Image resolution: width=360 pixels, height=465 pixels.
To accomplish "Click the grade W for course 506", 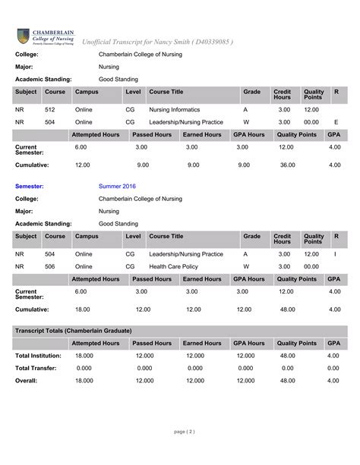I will (245, 266).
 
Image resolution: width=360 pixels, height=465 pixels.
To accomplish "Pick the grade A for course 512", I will (245, 109).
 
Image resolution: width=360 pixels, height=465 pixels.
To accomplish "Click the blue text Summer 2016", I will (115, 185).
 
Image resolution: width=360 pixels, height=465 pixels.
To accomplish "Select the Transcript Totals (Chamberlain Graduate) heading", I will (73, 331).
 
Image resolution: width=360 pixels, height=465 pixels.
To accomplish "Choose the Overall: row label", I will (26, 381).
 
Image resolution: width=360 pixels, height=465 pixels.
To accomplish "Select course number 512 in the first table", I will (49, 109).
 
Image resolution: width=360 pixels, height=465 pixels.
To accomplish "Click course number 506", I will (49, 266).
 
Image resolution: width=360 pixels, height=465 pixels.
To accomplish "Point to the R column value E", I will (336, 121).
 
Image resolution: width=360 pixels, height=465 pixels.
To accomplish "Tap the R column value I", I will (335, 254).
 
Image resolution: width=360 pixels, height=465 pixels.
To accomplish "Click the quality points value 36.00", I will (287, 165).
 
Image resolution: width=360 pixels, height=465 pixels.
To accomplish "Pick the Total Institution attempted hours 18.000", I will (84, 356).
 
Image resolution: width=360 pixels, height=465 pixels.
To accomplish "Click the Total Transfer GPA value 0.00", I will (334, 368).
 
